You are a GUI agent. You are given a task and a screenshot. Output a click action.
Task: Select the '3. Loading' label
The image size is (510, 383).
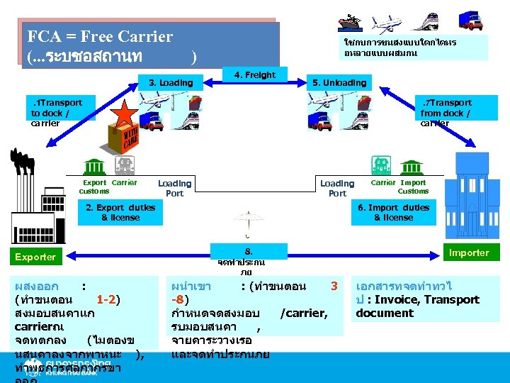coord(170,83)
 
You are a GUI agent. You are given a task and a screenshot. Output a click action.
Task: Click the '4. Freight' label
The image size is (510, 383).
coord(255,74)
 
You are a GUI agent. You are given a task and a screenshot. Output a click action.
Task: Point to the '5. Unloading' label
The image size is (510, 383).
coord(339,83)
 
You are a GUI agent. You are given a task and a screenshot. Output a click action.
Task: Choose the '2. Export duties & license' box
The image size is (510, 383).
coord(120,213)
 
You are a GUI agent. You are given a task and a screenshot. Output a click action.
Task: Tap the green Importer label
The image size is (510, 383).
coord(468,252)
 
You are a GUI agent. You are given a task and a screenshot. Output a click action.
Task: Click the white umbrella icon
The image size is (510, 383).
coord(248,221)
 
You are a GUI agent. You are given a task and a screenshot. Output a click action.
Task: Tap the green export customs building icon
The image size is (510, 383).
coord(93,165)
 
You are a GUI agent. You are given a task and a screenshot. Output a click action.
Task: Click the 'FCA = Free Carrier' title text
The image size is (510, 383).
coord(99,36)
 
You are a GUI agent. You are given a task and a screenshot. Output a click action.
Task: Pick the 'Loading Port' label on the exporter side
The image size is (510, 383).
coord(174,188)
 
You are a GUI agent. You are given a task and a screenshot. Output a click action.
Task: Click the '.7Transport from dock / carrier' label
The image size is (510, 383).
coord(446,113)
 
